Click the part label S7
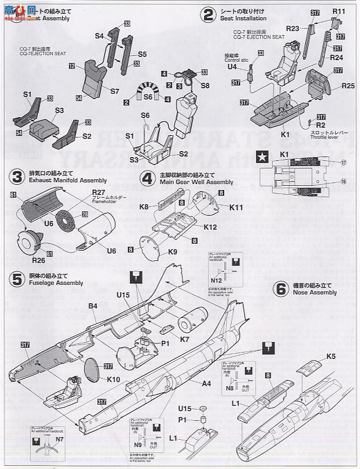[x=114, y=92]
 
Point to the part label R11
[x=339, y=11]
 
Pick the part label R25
[x=348, y=86]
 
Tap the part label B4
[x=93, y=307]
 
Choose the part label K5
[x=331, y=356]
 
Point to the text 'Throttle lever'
[x=325, y=138]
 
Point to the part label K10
[x=113, y=380]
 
